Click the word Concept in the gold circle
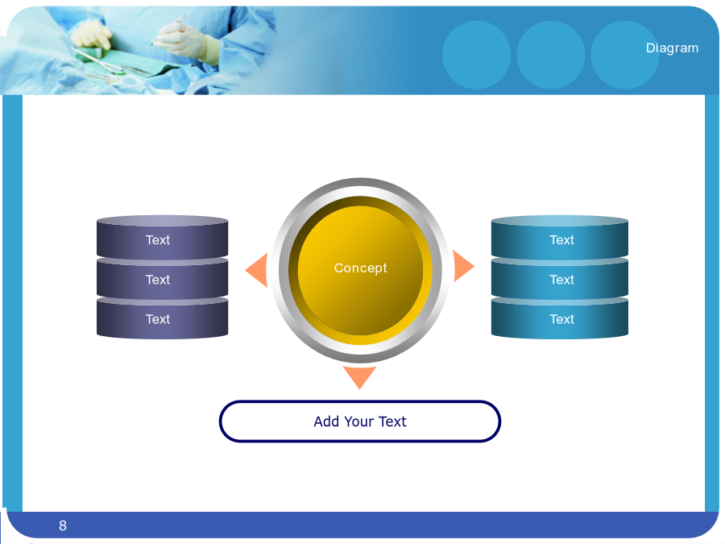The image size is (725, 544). point(360,268)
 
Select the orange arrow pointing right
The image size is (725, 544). point(462,266)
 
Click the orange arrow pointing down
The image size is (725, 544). point(359,377)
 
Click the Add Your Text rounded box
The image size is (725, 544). point(360,421)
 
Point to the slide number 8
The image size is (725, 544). point(63,525)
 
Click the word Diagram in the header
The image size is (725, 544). point(672,48)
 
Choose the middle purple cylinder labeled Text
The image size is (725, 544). point(162,279)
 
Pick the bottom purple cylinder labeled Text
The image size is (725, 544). point(162,318)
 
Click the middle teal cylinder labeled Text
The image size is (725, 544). point(560,279)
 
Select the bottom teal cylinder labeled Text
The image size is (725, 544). point(560,318)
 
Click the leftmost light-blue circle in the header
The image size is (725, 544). point(477,55)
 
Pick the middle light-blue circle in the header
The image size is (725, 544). point(551,55)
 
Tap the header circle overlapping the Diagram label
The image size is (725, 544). point(625,55)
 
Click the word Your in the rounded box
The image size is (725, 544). point(358,421)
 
